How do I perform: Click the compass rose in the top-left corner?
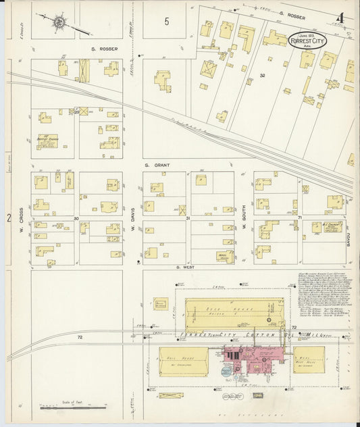59,23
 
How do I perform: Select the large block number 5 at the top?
166,22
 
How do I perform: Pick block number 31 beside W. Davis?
189,218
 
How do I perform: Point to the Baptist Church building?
47,141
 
